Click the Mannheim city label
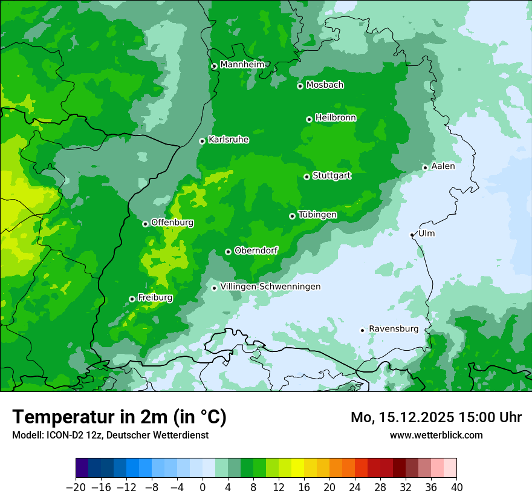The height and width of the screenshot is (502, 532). (242, 65)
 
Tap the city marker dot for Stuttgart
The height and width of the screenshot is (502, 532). (307, 177)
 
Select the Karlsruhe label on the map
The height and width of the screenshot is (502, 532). (229, 140)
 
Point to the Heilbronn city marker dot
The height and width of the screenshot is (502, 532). (309, 119)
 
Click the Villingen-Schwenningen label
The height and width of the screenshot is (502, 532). (270, 287)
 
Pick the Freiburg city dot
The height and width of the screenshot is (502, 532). (132, 299)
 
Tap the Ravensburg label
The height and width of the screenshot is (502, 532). (393, 329)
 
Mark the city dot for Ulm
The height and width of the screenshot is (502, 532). (412, 235)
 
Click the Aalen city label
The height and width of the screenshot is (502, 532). (443, 166)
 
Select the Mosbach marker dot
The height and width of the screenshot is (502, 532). (300, 86)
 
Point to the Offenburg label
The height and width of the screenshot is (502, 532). (172, 223)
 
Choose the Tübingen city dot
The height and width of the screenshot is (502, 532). (292, 216)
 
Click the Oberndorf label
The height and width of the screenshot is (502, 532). (256, 250)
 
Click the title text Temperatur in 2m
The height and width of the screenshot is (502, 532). (119, 417)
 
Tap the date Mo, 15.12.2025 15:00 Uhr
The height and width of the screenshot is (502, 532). (436, 417)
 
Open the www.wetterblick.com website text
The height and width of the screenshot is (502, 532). (436, 435)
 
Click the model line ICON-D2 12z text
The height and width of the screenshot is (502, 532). (110, 435)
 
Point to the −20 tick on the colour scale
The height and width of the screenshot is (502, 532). (76, 487)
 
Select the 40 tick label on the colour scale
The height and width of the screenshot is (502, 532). (456, 487)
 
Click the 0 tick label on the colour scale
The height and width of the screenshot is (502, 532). (203, 487)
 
